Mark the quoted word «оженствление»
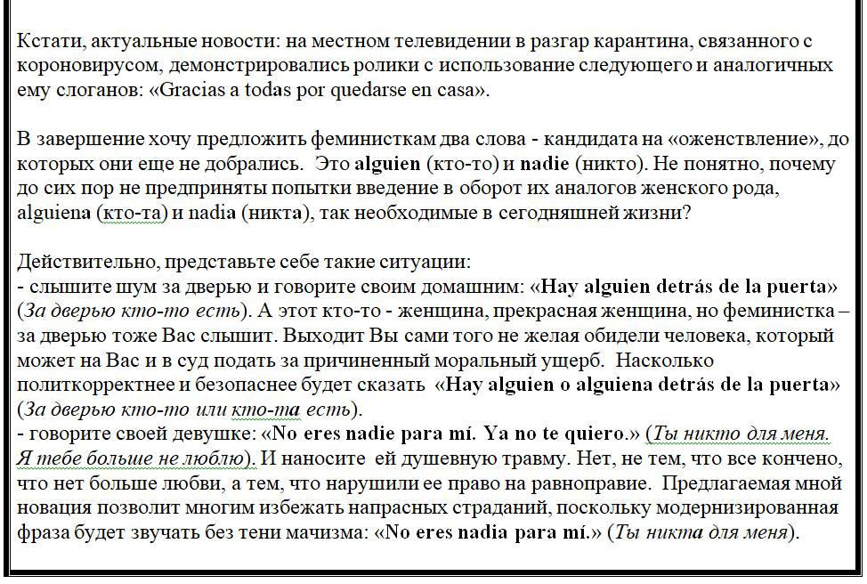[x=756, y=140]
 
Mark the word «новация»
[x=53, y=508]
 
